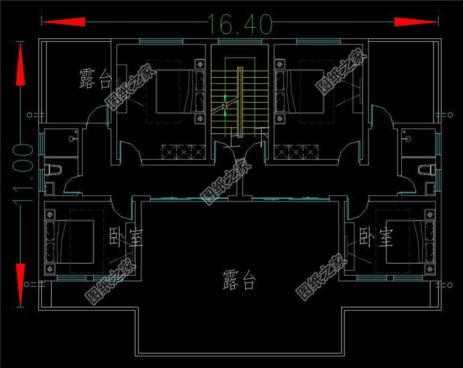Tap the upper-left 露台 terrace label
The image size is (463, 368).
tap(96, 79)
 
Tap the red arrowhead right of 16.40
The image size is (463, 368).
tap(416, 22)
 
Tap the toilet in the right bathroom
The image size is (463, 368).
tap(425, 169)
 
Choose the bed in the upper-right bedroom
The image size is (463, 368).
tap(303, 91)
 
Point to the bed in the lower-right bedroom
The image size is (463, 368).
tap(405, 239)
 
